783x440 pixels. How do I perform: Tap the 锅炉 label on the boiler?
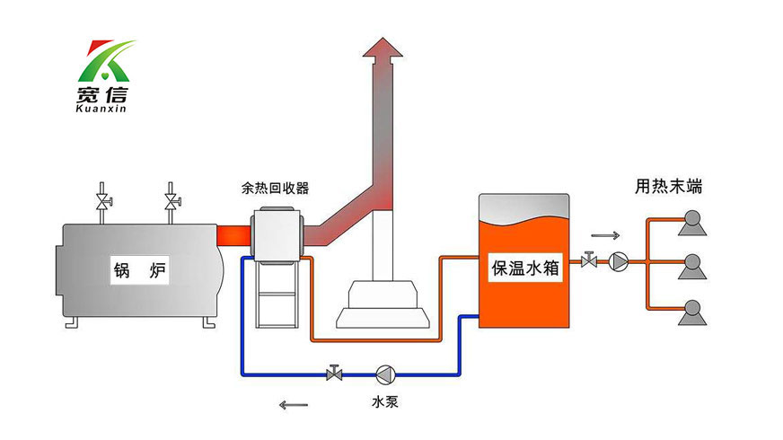click(x=139, y=268)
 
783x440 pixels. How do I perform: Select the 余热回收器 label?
click(x=275, y=189)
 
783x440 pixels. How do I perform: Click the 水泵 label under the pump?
click(x=385, y=401)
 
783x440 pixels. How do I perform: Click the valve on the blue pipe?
click(x=335, y=372)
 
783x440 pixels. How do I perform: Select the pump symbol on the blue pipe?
click(x=385, y=372)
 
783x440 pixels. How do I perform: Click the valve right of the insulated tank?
click(x=589, y=261)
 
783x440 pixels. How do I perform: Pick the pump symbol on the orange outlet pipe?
click(x=619, y=261)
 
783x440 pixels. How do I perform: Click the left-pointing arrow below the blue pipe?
click(x=293, y=405)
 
